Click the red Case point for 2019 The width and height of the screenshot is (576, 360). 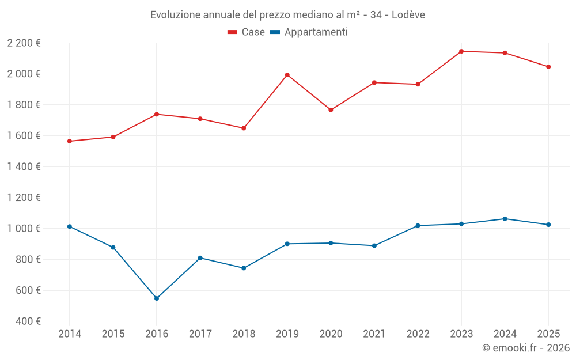click(x=287, y=75)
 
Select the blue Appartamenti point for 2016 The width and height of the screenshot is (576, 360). click(x=157, y=298)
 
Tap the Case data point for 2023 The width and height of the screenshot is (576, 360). click(x=461, y=51)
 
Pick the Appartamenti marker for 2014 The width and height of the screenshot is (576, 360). click(x=70, y=226)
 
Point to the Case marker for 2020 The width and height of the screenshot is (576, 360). click(x=331, y=110)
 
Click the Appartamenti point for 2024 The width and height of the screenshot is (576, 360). click(x=505, y=219)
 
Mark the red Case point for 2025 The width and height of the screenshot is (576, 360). click(x=548, y=67)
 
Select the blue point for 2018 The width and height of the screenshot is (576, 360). click(x=244, y=268)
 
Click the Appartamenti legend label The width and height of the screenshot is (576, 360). click(x=316, y=32)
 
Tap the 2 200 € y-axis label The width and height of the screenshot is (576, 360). click(x=24, y=43)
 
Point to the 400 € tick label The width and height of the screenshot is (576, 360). click(x=27, y=321)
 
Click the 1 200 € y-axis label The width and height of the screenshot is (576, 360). click(x=24, y=198)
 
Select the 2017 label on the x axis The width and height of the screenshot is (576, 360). click(x=200, y=334)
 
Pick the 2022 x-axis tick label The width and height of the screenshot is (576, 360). click(x=418, y=334)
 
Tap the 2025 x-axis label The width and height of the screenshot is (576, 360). click(x=548, y=334)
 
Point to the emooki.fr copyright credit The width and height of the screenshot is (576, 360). click(x=525, y=348)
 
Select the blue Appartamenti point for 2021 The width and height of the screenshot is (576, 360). click(x=374, y=245)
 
